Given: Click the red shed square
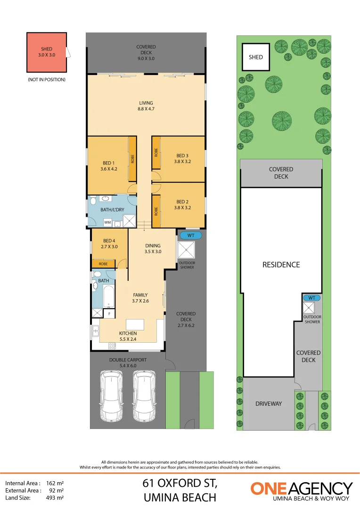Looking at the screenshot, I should [x=47, y=52].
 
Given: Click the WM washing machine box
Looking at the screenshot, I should [x=107, y=222].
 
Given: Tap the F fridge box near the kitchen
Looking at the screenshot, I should [x=109, y=313].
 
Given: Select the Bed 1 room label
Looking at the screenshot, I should [x=107, y=166].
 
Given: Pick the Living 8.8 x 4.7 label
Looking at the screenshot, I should [x=146, y=106].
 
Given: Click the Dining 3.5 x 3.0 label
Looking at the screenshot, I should [x=153, y=248].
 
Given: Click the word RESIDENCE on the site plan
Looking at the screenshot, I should [x=281, y=264].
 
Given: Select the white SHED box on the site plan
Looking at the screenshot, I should [x=256, y=57].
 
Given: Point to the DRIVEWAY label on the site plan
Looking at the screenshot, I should [x=268, y=403].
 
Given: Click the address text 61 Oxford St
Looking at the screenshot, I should [x=180, y=484].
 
